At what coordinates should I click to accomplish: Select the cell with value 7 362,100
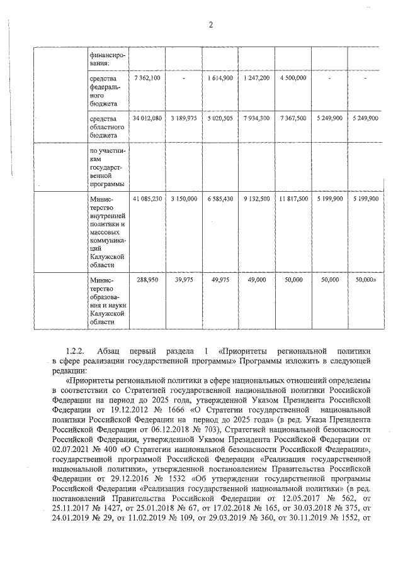pyautogui.click(x=147, y=77)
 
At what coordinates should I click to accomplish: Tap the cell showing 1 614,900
pyautogui.click(x=220, y=77)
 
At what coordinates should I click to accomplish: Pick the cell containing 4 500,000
pyautogui.click(x=293, y=77)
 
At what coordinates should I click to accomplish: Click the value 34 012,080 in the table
pyautogui.click(x=147, y=118)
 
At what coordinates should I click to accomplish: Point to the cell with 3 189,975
pyautogui.click(x=183, y=118)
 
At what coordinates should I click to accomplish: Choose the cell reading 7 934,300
pyautogui.click(x=256, y=118)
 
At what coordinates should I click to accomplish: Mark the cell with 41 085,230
pyautogui.click(x=147, y=199)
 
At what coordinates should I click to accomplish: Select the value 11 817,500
pyautogui.click(x=293, y=199)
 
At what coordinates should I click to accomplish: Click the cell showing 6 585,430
pyautogui.click(x=220, y=199)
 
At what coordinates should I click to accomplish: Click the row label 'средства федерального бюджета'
pyautogui.click(x=103, y=90)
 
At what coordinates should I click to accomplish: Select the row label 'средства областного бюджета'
pyautogui.click(x=103, y=126)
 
